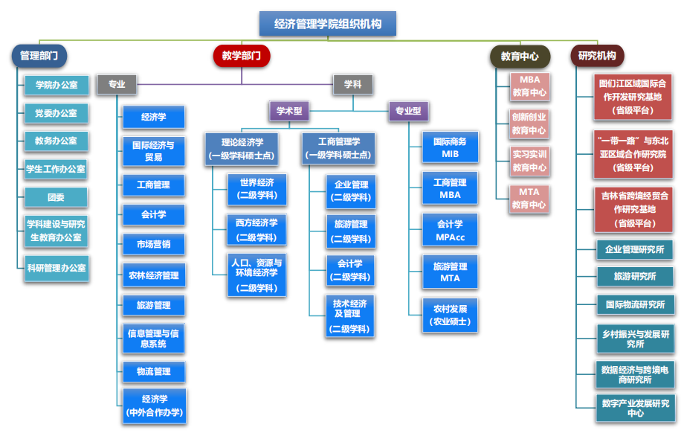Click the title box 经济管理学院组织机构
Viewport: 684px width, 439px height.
point(328,24)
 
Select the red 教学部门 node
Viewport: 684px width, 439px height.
point(241,56)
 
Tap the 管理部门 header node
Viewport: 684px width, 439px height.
point(39,56)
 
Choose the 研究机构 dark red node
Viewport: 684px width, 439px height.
point(597,56)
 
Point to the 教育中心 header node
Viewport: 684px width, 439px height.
point(520,56)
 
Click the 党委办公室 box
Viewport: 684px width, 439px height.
point(56,113)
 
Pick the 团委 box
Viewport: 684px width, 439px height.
point(56,197)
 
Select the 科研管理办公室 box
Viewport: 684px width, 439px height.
point(56,269)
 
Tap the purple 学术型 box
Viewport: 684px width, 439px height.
point(288,112)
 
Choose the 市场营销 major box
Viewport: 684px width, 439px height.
point(153,245)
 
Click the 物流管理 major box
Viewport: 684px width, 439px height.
point(153,371)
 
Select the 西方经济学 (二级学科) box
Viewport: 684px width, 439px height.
point(256,230)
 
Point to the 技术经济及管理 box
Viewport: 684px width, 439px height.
point(349,315)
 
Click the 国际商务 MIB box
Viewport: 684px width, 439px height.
point(451,147)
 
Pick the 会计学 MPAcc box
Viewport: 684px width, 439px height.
point(451,230)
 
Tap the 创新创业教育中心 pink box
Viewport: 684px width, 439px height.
point(529,124)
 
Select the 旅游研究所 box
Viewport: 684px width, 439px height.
point(635,276)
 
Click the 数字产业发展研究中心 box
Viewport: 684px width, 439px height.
point(635,407)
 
